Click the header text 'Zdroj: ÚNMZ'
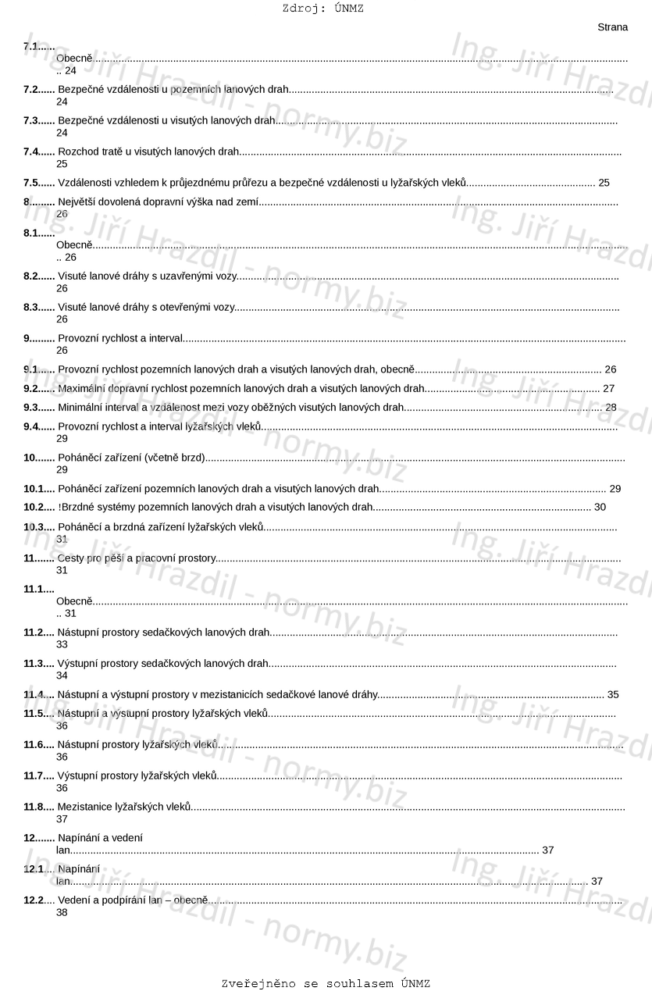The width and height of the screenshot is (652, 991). tap(322, 9)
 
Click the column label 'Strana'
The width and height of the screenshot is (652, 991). tap(612, 27)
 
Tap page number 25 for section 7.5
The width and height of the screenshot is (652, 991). tap(604, 183)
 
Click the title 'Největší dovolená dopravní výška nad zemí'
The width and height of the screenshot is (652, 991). tap(158, 201)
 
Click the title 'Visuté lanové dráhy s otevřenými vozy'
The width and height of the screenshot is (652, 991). tap(146, 308)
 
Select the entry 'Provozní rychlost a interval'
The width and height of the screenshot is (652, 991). tap(119, 338)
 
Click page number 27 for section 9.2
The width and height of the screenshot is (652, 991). tap(608, 388)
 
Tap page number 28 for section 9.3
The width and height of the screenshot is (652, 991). tap(611, 407)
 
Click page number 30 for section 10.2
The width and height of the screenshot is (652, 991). tap(600, 507)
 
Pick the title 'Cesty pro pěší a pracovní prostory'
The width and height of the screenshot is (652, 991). tap(136, 558)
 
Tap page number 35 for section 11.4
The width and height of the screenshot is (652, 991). tap(612, 694)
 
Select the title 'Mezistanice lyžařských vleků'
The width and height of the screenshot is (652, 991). tap(124, 807)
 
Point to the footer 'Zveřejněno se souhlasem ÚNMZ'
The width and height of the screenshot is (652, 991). tap(326, 983)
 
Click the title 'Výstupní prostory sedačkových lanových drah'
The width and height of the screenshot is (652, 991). tap(162, 664)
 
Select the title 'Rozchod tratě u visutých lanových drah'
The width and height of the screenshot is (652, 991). tap(148, 152)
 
